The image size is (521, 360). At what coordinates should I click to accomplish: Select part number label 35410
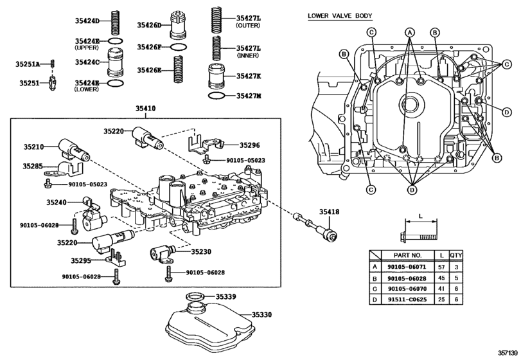pyautogui.click(x=145, y=109)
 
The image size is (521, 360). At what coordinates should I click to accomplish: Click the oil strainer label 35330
pyautogui.click(x=262, y=314)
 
